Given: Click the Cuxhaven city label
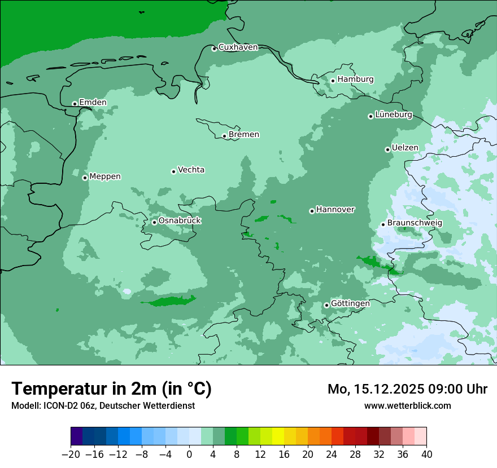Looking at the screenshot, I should click(238, 47).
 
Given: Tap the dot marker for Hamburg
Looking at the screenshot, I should click(333, 81).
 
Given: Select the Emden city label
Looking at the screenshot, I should click(93, 103).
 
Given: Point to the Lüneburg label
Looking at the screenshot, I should click(394, 115).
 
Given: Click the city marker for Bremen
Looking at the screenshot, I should click(224, 136).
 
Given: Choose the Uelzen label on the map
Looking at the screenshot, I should click(405, 148).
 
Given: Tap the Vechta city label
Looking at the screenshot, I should click(191, 170).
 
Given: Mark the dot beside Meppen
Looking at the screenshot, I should click(85, 178).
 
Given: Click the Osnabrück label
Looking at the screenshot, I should click(180, 221).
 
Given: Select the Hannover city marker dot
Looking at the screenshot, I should click(312, 211).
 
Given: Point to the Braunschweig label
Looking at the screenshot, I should click(415, 223).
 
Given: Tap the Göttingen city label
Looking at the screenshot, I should click(350, 304).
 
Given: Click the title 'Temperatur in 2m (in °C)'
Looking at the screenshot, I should click(111, 389).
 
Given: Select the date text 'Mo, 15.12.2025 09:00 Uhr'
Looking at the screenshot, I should click(407, 389).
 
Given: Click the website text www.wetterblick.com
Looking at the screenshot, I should click(407, 406).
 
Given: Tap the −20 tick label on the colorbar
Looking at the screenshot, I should click(71, 454).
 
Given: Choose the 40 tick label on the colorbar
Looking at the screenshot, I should click(426, 454).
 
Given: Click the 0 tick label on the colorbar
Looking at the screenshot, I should click(189, 454).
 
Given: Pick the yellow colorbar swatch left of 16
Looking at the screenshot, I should click(278, 436).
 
